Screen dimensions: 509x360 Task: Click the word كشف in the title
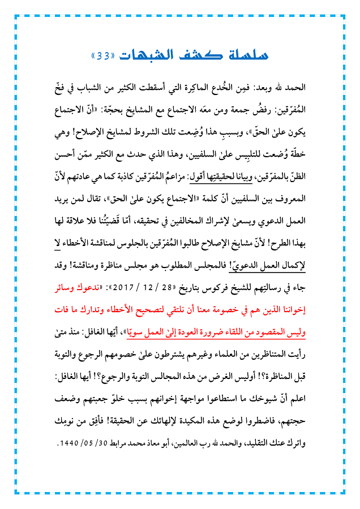195,55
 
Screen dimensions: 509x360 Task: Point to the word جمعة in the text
241,105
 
